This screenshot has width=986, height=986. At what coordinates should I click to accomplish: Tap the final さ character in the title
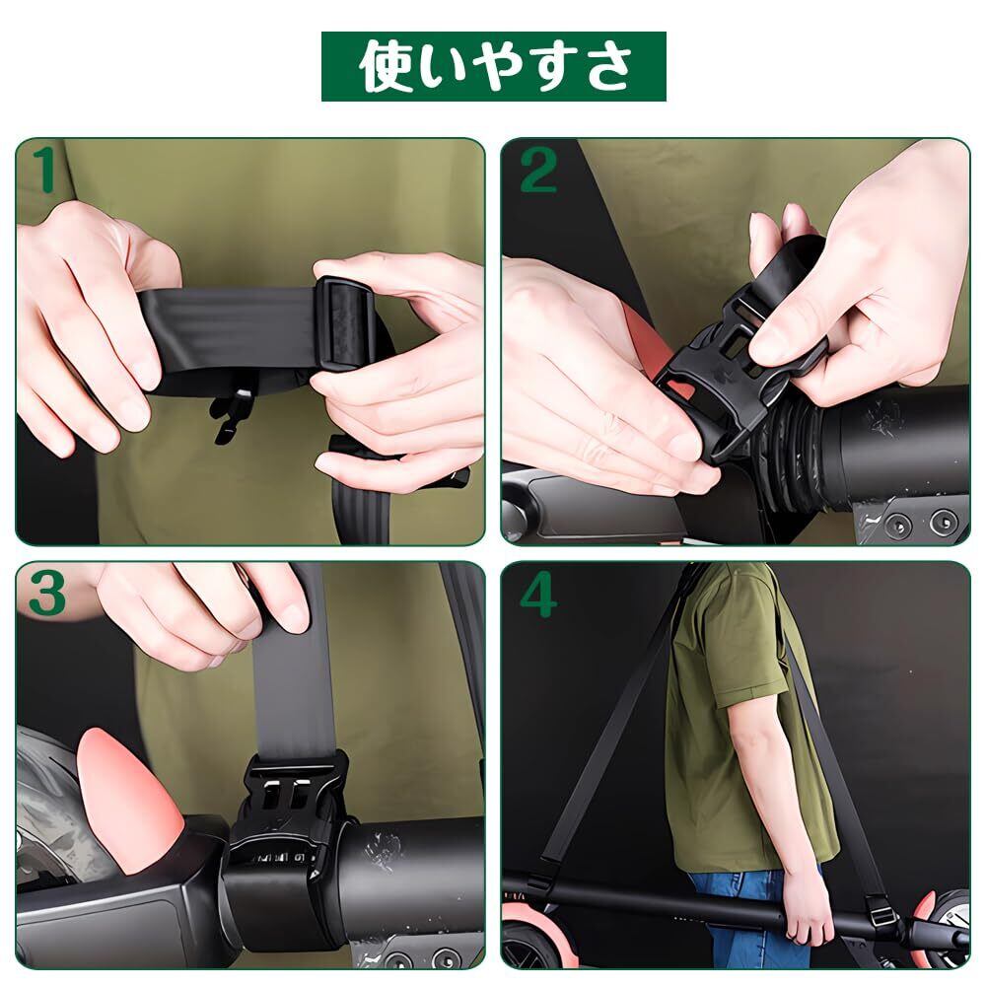click(603, 67)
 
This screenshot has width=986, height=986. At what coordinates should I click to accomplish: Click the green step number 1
click(45, 170)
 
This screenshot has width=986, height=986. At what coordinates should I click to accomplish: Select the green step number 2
click(538, 170)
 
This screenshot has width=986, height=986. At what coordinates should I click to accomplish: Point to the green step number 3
click(47, 594)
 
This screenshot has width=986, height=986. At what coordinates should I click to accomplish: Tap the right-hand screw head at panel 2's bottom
click(944, 520)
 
